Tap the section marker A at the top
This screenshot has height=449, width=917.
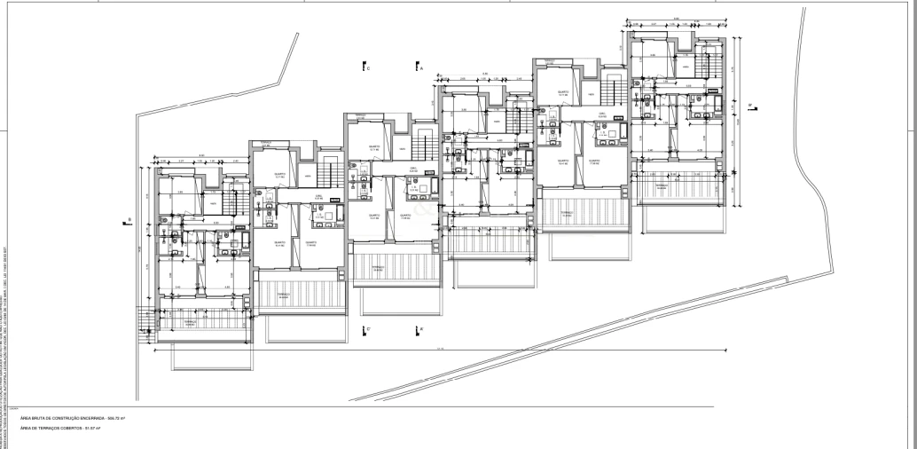point(419,67)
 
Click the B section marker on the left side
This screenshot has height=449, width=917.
point(129,221)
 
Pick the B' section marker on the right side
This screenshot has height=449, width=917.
point(750,106)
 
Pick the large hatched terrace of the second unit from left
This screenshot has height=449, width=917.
point(285,298)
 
